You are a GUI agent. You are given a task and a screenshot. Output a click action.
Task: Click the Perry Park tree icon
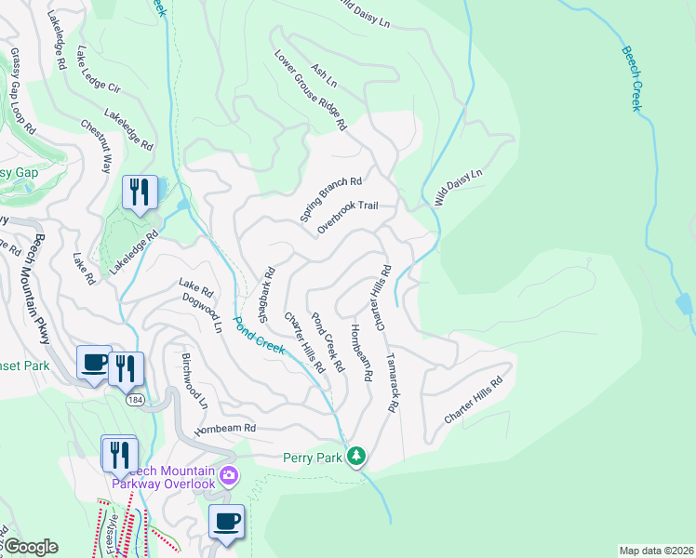point(355,456)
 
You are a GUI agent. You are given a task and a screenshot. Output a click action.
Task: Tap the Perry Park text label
point(313,457)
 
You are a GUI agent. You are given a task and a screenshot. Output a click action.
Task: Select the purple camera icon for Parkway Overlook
point(229,477)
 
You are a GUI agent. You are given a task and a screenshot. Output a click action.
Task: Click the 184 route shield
point(136,398)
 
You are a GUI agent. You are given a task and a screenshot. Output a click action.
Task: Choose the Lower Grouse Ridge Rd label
point(311,88)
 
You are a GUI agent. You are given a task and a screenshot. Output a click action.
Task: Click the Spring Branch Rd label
point(330,199)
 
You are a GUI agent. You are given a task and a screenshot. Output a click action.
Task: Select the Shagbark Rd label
point(267,295)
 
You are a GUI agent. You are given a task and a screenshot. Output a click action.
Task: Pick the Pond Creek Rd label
point(328,342)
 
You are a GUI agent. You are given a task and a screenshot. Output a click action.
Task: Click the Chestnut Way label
point(96,146)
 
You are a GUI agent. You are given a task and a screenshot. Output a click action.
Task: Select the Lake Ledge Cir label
point(100,73)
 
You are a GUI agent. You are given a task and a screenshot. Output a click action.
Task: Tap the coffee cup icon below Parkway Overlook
point(225,522)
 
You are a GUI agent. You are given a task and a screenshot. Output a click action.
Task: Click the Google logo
point(30,547)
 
